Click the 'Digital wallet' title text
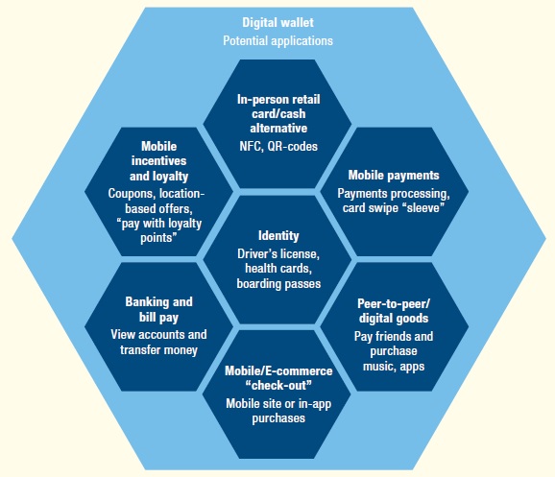point(277,23)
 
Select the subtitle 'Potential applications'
point(277,40)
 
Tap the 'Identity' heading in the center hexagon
point(278,236)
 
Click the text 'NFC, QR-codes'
point(278,146)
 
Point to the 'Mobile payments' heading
point(394,176)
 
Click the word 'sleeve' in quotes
point(423,207)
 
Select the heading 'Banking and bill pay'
point(159,309)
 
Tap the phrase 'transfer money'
point(159,350)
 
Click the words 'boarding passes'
point(278,284)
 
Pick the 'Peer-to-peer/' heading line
point(394,303)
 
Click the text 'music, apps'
point(394,367)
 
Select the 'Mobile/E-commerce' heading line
point(278,370)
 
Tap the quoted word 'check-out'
point(278,386)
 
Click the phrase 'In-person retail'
point(278,100)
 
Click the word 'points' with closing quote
point(158,237)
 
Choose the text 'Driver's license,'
point(278,253)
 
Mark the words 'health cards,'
point(278,269)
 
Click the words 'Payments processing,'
point(394,194)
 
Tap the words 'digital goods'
point(394,318)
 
